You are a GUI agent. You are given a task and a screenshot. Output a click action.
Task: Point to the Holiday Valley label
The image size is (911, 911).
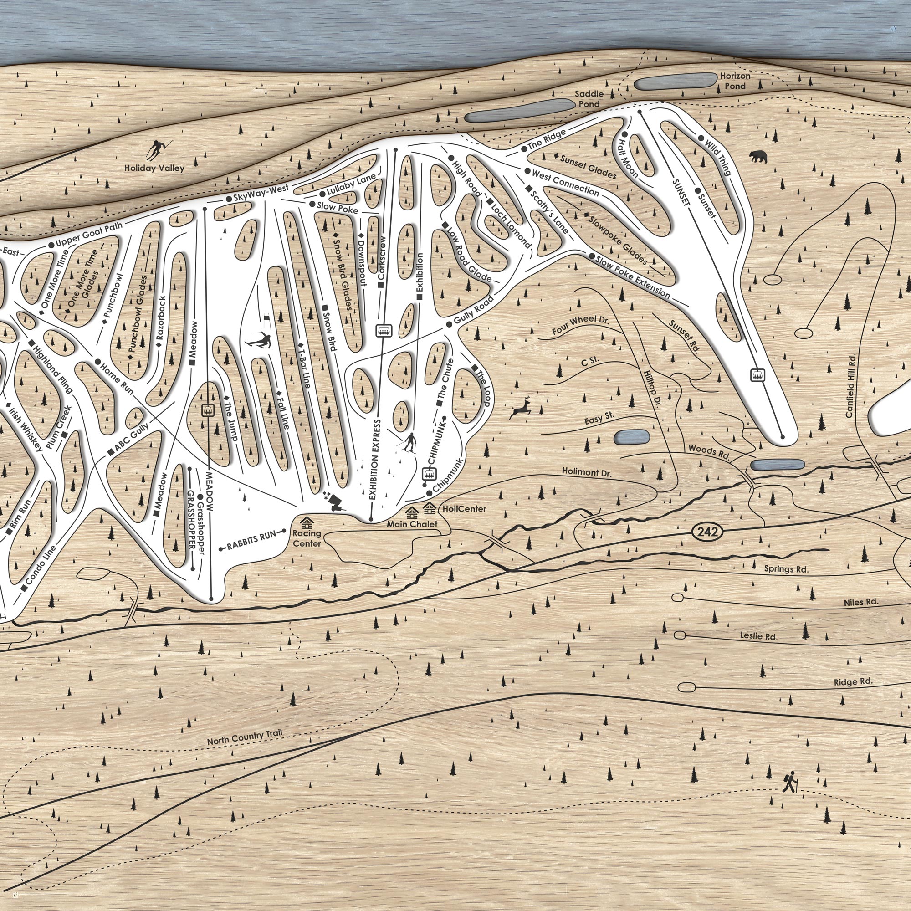pyautogui.click(x=154, y=168)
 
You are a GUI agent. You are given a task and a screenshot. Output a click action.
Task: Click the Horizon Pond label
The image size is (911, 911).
pyautogui.click(x=735, y=81)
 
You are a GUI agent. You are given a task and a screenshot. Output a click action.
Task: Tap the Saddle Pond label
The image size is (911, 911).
pyautogui.click(x=589, y=99)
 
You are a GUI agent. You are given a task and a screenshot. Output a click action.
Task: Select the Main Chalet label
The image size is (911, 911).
pyautogui.click(x=412, y=524)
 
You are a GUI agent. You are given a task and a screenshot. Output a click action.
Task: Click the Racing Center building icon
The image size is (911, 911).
pyautogui.click(x=307, y=522)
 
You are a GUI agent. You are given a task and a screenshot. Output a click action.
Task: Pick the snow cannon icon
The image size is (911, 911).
pyautogui.click(x=336, y=501)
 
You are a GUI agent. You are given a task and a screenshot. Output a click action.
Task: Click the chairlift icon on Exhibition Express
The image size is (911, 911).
pyautogui.click(x=385, y=331)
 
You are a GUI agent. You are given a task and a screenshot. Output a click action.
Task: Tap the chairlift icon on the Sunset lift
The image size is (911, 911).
pyautogui.click(x=757, y=375)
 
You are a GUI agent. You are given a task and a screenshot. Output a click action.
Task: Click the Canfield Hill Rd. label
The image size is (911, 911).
pyautogui.click(x=850, y=386)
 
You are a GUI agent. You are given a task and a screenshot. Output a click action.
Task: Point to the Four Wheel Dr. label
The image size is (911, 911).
pyautogui.click(x=580, y=325)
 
